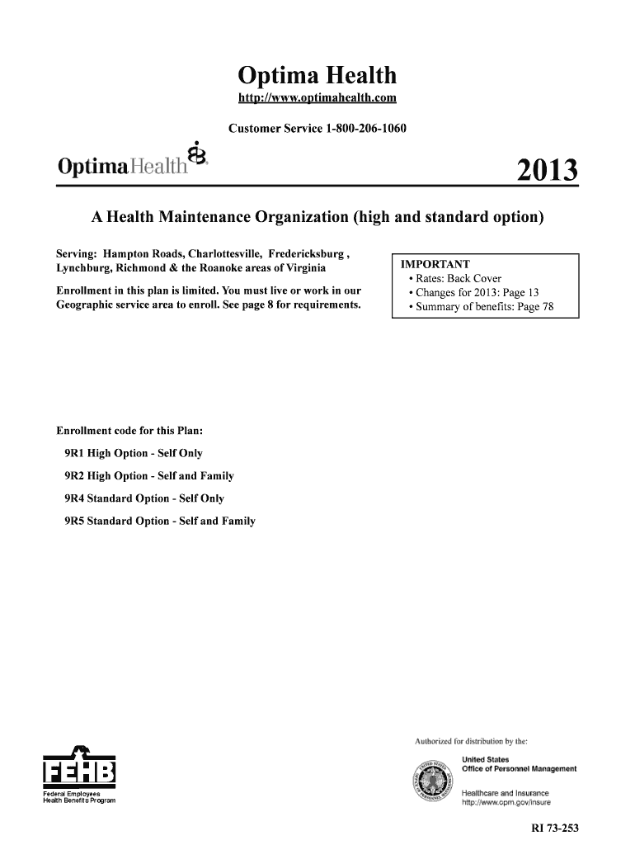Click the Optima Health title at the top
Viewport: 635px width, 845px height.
(317, 77)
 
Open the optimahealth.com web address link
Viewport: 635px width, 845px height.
(317, 100)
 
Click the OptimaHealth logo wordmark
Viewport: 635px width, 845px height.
(121, 166)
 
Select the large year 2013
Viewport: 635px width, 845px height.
(547, 172)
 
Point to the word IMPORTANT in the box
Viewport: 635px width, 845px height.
(435, 265)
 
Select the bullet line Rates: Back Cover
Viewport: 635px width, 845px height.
(459, 279)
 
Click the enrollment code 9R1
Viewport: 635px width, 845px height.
(74, 454)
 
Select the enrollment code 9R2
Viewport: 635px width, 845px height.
(74, 476)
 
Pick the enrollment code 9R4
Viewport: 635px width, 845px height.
(74, 498)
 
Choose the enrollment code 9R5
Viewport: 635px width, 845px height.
(74, 521)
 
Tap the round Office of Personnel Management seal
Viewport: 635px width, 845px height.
(432, 781)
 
